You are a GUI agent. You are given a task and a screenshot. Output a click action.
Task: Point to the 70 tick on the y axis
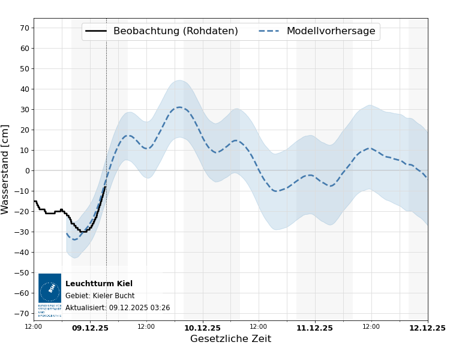[x=25, y=28]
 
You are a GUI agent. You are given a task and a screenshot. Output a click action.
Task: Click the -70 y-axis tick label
[x=22, y=314]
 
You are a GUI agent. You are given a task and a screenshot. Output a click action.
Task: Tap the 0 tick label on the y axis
[x=27, y=171]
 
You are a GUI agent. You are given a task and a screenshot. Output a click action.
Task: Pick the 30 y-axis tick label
[x=25, y=110]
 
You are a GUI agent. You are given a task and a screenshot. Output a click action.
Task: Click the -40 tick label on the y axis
[x=22, y=253]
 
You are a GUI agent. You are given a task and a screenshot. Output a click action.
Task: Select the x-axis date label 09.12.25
[x=90, y=328]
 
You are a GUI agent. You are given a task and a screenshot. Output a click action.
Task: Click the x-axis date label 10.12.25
[x=202, y=328]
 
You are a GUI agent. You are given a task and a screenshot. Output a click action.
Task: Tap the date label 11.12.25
[x=314, y=328]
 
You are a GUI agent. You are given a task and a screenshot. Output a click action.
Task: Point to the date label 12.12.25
[x=427, y=328]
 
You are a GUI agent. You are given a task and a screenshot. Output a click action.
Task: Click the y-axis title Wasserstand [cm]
[x=6, y=169]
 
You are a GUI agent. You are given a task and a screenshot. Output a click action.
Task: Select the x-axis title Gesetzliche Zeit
[x=230, y=339]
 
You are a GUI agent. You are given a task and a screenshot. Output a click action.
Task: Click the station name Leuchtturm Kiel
[x=99, y=284]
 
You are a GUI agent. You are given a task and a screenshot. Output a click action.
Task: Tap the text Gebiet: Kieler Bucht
[x=100, y=296]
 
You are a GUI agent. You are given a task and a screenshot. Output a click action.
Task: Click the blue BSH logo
[x=50, y=292]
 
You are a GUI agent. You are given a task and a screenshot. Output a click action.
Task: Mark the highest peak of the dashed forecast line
[x=179, y=107]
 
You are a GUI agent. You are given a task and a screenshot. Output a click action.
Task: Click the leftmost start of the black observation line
[x=34, y=201]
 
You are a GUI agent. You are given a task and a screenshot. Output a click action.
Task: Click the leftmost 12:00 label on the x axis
[x=34, y=327]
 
